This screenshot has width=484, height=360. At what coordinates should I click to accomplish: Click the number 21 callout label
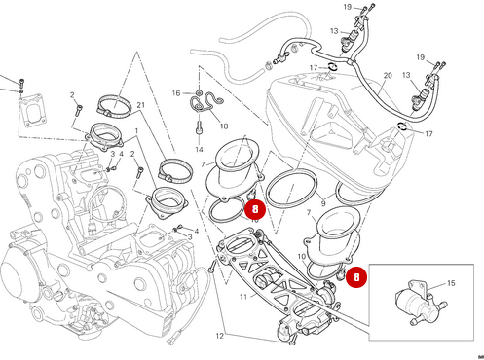pos(141,104)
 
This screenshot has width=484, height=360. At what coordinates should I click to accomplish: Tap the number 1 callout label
pos(136,129)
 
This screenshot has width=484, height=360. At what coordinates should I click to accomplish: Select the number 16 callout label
pos(176,93)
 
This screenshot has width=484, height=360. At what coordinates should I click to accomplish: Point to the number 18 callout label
pos(223,126)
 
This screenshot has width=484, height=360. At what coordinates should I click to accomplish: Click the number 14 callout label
pos(199,151)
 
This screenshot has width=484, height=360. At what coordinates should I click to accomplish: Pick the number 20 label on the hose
pos(387,75)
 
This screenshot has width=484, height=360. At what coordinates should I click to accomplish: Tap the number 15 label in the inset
pos(450,284)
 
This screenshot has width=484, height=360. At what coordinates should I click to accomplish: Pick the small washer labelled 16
pos(191,94)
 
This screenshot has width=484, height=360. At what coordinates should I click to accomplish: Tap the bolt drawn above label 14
pos(199,126)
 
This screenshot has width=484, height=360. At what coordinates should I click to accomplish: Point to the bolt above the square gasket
pos(19,82)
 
